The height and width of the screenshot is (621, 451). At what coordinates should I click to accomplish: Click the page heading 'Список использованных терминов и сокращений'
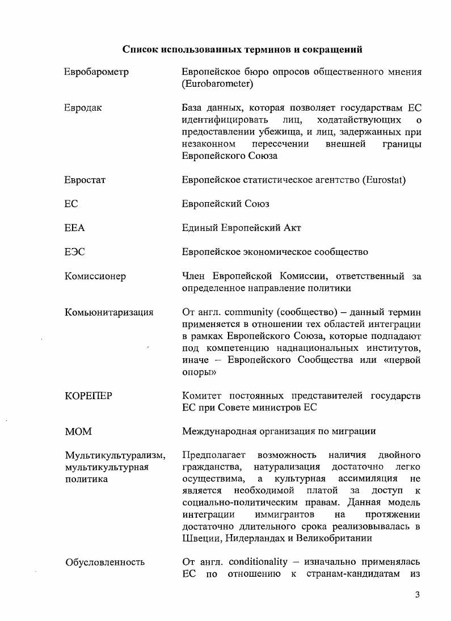coord(242,49)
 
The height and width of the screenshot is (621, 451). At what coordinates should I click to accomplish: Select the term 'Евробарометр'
coord(96,72)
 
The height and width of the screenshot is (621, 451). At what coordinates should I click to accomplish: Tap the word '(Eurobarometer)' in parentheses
coord(217,84)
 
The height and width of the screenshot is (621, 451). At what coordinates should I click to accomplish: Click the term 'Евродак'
coord(83,108)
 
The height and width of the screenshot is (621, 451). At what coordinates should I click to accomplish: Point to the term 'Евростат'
coord(85,180)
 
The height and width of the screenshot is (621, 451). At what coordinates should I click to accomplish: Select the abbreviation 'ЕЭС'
coord(74,252)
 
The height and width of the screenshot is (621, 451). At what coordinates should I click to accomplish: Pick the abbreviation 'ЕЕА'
coord(74,228)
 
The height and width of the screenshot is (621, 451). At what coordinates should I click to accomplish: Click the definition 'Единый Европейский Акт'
coord(241,228)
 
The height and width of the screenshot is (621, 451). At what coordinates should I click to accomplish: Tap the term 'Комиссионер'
coord(95,276)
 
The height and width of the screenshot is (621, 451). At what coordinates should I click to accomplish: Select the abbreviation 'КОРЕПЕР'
coord(88,396)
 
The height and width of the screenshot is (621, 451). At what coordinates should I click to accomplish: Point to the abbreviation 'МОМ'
coord(78,431)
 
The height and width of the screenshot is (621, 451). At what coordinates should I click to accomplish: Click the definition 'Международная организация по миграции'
coord(279,431)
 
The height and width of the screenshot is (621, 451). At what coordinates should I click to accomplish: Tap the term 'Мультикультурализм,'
coord(115,455)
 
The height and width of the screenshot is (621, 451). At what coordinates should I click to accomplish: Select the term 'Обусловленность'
coord(105,562)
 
